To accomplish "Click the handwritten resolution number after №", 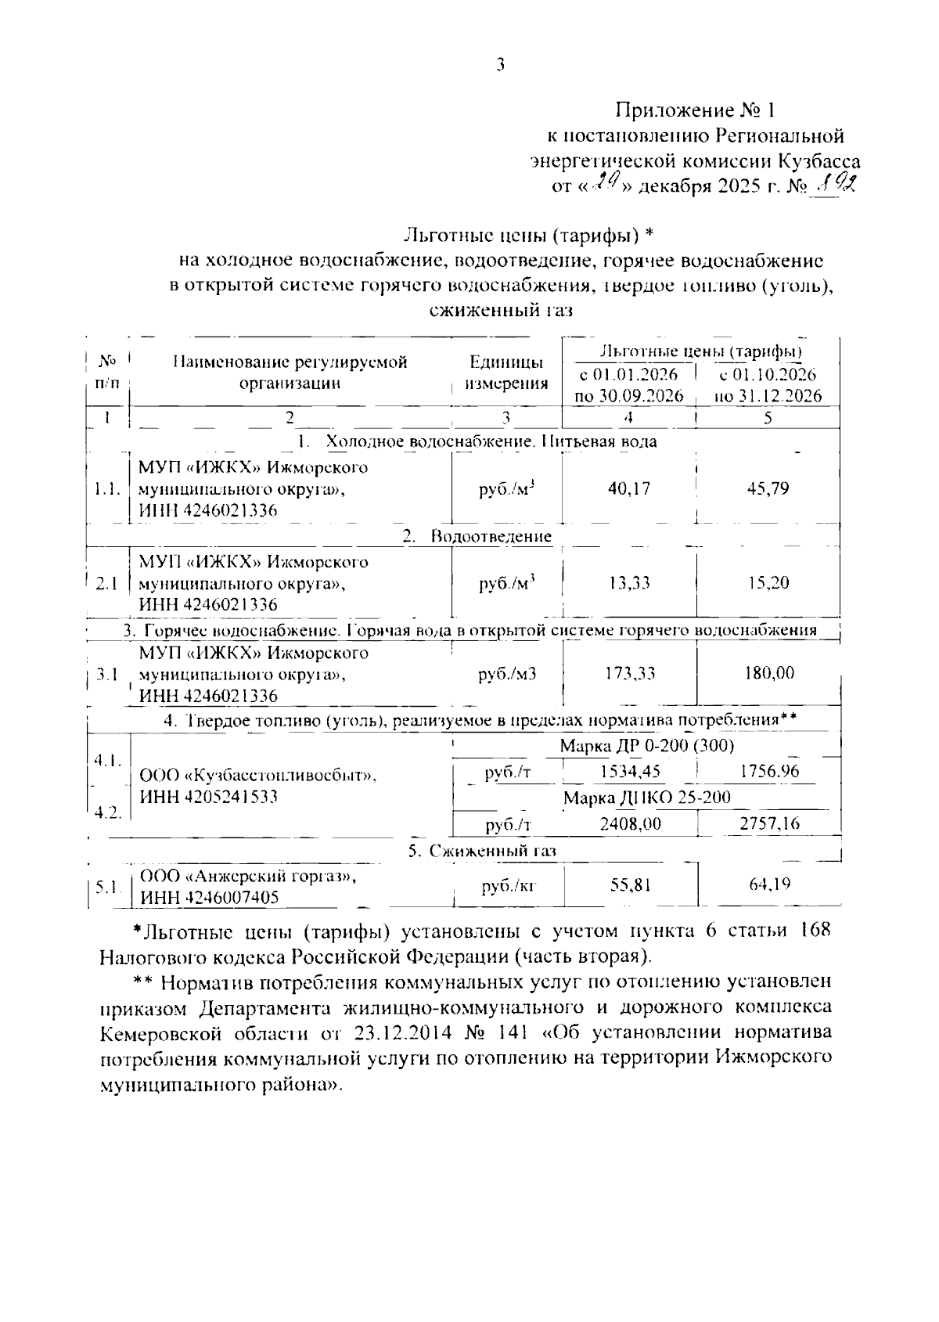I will pyautogui.click(x=836, y=186).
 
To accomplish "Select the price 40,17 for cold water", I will pyautogui.click(x=629, y=488).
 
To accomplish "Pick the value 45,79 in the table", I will pyautogui.click(x=768, y=488).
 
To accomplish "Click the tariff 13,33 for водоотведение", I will pyautogui.click(x=629, y=583).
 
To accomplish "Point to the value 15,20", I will pyautogui.click(x=768, y=583).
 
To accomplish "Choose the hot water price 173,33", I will pyautogui.click(x=629, y=673).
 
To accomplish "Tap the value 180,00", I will pyautogui.click(x=768, y=673).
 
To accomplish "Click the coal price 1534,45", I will pyautogui.click(x=630, y=772).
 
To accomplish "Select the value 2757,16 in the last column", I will pyautogui.click(x=768, y=823).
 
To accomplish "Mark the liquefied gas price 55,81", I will pyautogui.click(x=630, y=885).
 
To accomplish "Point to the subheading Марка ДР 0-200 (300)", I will pyautogui.click(x=646, y=746).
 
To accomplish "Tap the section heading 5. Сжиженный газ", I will pyautogui.click(x=482, y=851).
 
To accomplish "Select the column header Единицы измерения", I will pyautogui.click(x=506, y=373).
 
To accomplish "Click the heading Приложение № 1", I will pyautogui.click(x=698, y=109).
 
